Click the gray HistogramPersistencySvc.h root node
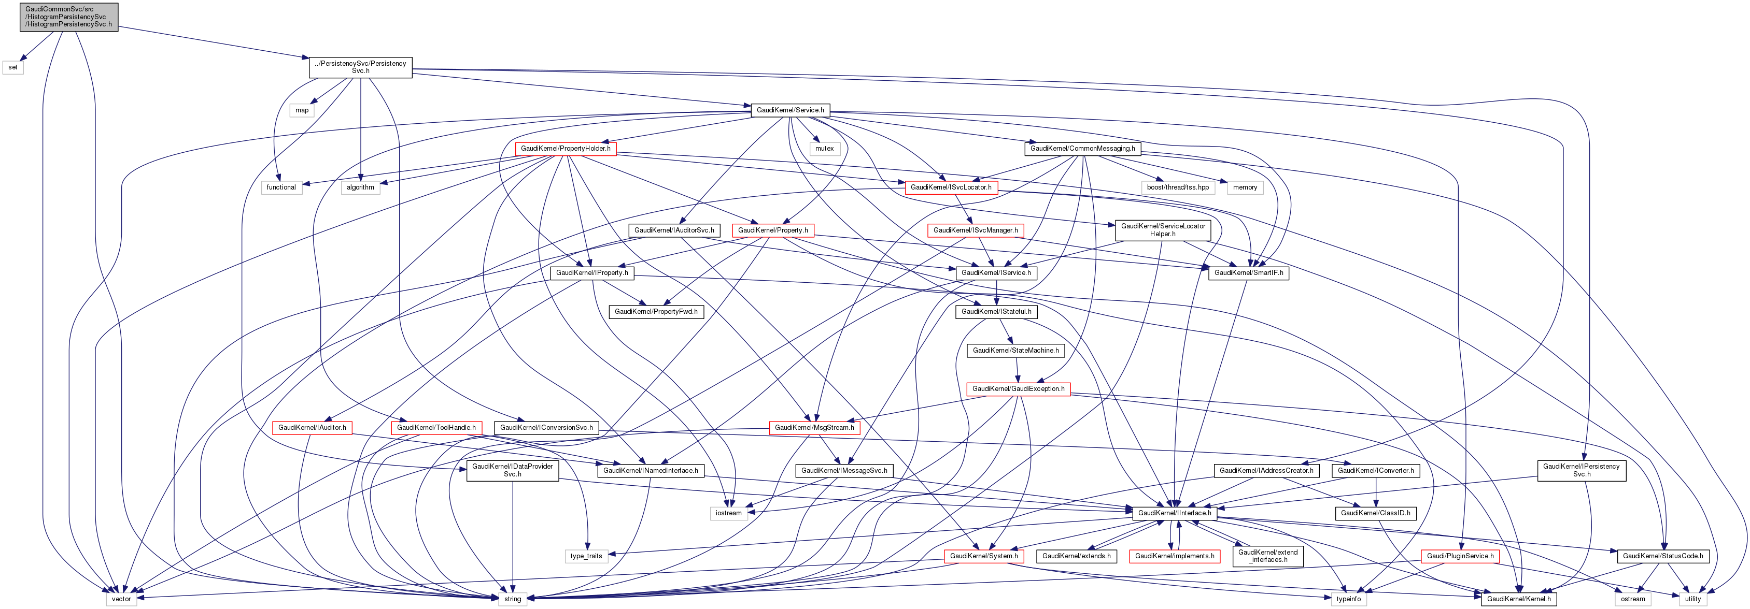(x=68, y=16)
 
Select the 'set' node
(x=13, y=67)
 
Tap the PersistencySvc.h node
(x=360, y=67)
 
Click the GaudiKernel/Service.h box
(x=790, y=110)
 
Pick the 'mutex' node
(x=824, y=148)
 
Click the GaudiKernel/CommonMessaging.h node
(x=1082, y=148)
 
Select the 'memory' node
(x=1245, y=187)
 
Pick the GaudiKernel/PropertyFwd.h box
(x=656, y=312)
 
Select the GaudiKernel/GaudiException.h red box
(x=1019, y=389)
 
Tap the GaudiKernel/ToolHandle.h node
(x=436, y=428)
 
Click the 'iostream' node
(x=728, y=513)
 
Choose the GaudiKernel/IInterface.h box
(x=1174, y=513)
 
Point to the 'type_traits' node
(x=586, y=556)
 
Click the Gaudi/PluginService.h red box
(x=1460, y=556)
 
